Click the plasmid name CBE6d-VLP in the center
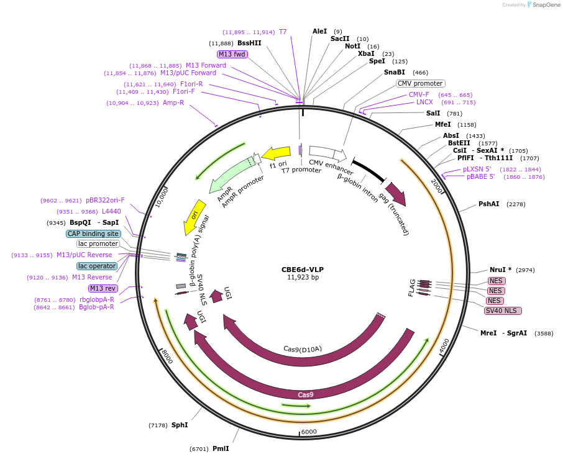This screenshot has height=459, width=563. click(x=303, y=270)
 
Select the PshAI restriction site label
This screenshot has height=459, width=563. click(x=488, y=204)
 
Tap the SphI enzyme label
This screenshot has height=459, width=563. click(x=180, y=425)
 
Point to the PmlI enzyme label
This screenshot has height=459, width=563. click(x=221, y=448)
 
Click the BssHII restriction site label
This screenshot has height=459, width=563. click(x=249, y=43)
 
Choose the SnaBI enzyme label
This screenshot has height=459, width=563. click(x=394, y=72)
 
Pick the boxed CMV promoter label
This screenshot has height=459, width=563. click(x=420, y=83)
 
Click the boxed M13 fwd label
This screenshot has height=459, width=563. click(x=232, y=54)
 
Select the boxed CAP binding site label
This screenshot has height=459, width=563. click(x=93, y=234)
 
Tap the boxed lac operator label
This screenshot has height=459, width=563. click(x=97, y=266)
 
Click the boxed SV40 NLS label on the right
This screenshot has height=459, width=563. click(x=503, y=311)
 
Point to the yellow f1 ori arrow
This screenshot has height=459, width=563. click(x=276, y=153)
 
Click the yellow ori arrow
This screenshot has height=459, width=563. click(x=194, y=217)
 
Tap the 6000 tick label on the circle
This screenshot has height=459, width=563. click(x=309, y=432)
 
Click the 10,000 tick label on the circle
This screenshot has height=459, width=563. click(x=162, y=198)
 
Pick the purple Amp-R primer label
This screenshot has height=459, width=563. click(x=173, y=102)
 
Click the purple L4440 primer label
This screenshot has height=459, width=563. click(x=111, y=211)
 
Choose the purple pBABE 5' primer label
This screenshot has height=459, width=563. click(x=480, y=176)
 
